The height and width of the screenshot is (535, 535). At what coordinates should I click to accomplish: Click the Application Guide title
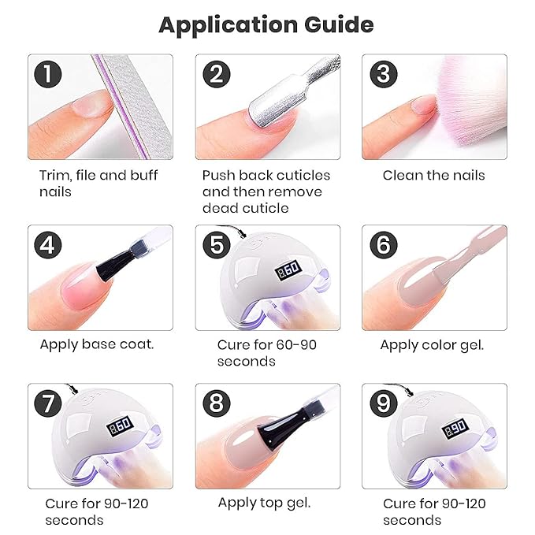[266, 24]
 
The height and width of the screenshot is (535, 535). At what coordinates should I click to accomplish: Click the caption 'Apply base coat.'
[97, 344]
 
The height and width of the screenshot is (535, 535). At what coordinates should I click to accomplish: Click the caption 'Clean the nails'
[433, 175]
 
